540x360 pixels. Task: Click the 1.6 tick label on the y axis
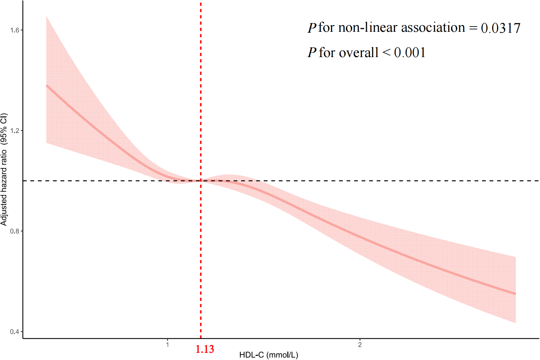pyautogui.click(x=15, y=30)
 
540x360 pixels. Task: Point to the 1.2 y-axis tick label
pyautogui.click(x=15, y=131)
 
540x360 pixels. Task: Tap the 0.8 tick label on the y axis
pyautogui.click(x=15, y=231)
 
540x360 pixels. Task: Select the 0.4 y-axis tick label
pyautogui.click(x=15, y=332)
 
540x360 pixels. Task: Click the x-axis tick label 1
pyautogui.click(x=167, y=345)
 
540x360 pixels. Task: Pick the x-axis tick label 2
pyautogui.click(x=360, y=345)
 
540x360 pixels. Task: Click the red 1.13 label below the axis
pyautogui.click(x=205, y=349)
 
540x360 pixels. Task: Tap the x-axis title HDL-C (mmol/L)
pyautogui.click(x=269, y=355)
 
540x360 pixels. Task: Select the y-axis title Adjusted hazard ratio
pyautogui.click(x=4, y=188)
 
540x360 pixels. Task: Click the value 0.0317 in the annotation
pyautogui.click(x=500, y=28)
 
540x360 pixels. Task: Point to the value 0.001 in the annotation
pyautogui.click(x=410, y=53)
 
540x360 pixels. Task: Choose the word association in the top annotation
pyautogui.click(x=433, y=28)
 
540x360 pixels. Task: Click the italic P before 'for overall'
pyautogui.click(x=312, y=53)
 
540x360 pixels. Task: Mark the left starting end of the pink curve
pyautogui.click(x=47, y=86)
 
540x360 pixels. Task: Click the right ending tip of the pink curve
pyautogui.click(x=515, y=294)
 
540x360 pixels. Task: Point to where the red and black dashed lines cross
pyautogui.click(x=201, y=181)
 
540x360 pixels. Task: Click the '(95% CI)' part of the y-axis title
pyautogui.click(x=4, y=129)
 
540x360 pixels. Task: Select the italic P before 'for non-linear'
pyautogui.click(x=312, y=28)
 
